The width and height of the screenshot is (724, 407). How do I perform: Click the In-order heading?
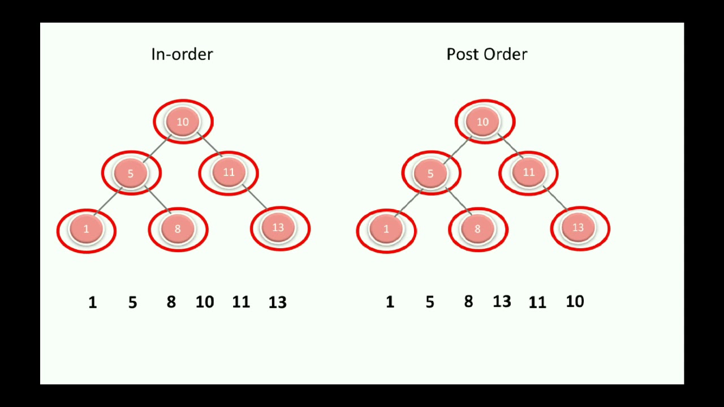click(x=182, y=54)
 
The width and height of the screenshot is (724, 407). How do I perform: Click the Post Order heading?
click(x=486, y=54)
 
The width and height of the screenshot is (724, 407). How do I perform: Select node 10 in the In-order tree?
click(x=183, y=122)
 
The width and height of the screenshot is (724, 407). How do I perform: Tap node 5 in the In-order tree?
click(x=131, y=172)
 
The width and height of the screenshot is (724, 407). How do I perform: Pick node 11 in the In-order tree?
click(x=229, y=172)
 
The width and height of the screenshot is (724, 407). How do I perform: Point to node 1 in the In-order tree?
click(x=87, y=229)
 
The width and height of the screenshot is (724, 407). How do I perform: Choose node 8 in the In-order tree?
click(x=178, y=229)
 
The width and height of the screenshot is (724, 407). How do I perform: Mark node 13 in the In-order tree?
click(x=279, y=228)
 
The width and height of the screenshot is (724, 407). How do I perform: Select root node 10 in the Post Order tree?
click(x=484, y=122)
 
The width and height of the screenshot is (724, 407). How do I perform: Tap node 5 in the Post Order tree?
click(x=431, y=172)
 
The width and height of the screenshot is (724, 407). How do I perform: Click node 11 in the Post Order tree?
click(x=528, y=172)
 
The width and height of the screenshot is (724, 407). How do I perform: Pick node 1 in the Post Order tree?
click(x=386, y=229)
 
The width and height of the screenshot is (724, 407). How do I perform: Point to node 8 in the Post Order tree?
click(x=478, y=229)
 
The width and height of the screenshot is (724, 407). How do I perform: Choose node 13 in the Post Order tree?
click(x=579, y=228)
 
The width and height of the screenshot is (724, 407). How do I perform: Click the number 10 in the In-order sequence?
click(x=205, y=302)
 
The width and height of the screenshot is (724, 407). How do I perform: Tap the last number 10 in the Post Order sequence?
click(x=575, y=302)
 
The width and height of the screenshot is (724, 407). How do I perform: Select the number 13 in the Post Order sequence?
click(x=502, y=302)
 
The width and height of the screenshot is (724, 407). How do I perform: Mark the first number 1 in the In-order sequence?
click(x=93, y=303)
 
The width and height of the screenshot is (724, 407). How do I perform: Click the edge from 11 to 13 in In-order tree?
click(x=256, y=197)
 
